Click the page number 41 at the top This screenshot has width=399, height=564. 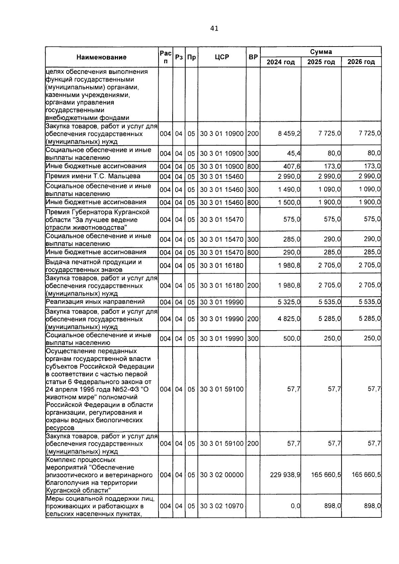214,29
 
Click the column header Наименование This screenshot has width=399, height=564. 101,57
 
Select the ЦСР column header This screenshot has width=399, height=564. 222,57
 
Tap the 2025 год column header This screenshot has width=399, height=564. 321,62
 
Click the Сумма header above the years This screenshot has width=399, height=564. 321,52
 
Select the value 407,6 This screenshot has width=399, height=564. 292,166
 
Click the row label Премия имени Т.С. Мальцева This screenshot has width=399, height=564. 93,176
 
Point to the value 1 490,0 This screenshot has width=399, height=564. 289,189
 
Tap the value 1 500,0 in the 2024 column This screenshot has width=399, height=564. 289,202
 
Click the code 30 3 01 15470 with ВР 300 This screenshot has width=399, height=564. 222,239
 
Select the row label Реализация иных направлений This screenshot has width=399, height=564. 95,302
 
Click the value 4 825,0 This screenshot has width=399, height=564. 289,319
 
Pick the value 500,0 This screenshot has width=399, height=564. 292,339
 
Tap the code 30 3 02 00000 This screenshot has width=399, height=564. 222,475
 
